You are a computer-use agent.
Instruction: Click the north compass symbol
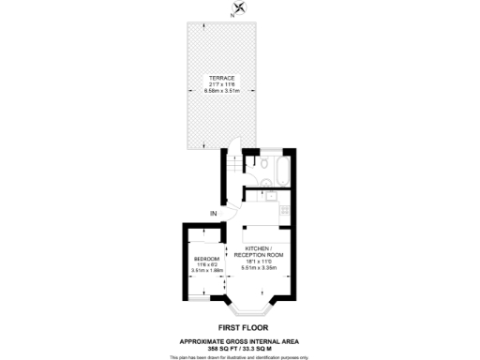239,8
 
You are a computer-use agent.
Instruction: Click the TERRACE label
223,77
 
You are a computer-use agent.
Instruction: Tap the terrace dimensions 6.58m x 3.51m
223,91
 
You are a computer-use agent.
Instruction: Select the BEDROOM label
206,258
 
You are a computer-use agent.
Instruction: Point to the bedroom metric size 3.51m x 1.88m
206,270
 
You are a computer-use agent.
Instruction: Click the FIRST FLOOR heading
239,328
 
